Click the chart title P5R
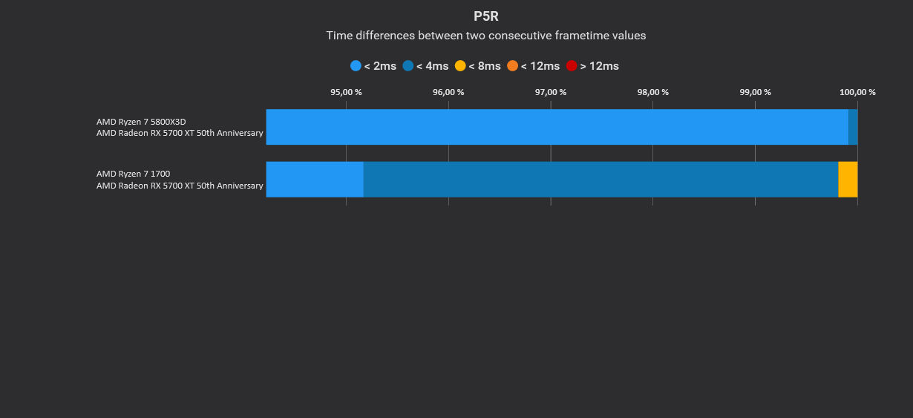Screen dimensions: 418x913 pyautogui.click(x=486, y=16)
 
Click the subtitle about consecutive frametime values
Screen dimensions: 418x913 pyautogui.click(x=486, y=36)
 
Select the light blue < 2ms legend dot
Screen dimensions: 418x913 pyautogui.click(x=356, y=66)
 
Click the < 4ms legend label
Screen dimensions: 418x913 pyautogui.click(x=432, y=66)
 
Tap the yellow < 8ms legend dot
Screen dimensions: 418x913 pyautogui.click(x=460, y=66)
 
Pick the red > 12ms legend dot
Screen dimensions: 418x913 pyautogui.click(x=572, y=66)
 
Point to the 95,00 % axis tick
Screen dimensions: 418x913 pyautogui.click(x=346, y=92)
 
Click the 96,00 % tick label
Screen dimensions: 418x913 pyautogui.click(x=448, y=92)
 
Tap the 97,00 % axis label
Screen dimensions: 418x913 pyautogui.click(x=551, y=92)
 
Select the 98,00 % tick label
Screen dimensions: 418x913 pyautogui.click(x=652, y=92)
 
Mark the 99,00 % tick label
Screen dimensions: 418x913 pyautogui.click(x=755, y=92)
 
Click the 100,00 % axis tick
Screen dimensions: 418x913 pyautogui.click(x=857, y=92)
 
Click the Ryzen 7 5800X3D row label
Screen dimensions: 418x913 pyautogui.click(x=141, y=122)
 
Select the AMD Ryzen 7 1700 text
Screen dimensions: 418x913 pyautogui.click(x=134, y=174)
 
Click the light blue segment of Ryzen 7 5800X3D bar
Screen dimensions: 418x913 pyautogui.click(x=557, y=127)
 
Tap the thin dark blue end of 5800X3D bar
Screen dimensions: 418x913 pyautogui.click(x=853, y=127)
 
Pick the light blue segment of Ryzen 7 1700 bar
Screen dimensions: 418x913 pyautogui.click(x=315, y=179)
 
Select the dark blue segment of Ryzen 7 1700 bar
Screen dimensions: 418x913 pyautogui.click(x=601, y=179)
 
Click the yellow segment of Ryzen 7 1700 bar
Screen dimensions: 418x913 pyautogui.click(x=848, y=179)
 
